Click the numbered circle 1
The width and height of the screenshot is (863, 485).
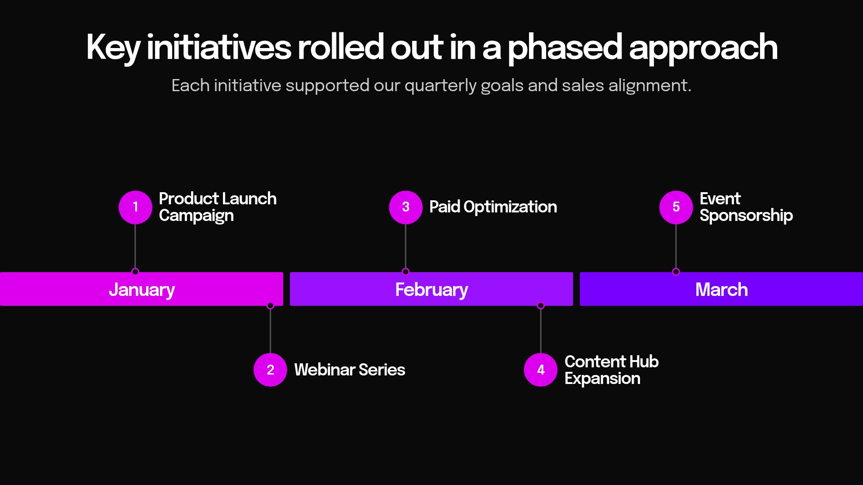[135, 207]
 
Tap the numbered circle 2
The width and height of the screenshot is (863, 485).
[270, 370]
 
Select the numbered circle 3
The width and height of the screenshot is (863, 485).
[405, 207]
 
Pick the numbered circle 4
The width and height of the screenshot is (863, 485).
[541, 370]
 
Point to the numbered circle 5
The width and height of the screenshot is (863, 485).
[676, 207]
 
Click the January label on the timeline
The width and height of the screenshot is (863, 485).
[142, 290]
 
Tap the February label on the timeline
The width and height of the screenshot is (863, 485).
[431, 290]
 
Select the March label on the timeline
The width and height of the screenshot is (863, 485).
[721, 290]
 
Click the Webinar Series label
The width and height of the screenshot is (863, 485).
[349, 370]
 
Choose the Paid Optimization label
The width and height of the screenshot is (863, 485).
[493, 207]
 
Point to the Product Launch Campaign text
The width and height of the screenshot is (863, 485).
[217, 207]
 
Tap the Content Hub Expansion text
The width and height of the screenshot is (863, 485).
[611, 370]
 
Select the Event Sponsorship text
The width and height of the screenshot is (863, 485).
[746, 207]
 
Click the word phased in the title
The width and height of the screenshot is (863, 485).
[565, 48]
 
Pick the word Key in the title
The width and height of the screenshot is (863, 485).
[113, 48]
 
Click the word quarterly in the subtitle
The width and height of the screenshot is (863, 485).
[440, 85]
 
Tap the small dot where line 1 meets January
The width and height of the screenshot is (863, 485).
[135, 272]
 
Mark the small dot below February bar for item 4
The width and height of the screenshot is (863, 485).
[541, 306]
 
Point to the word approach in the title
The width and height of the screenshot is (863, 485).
[703, 48]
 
